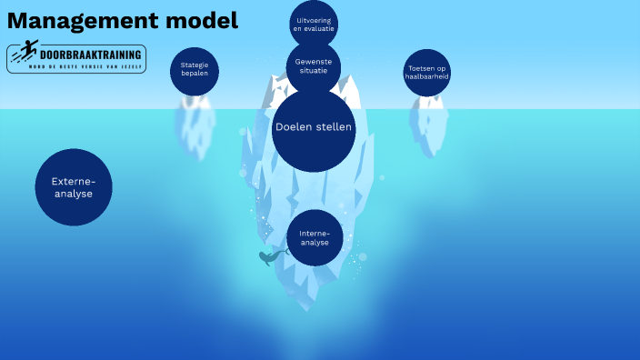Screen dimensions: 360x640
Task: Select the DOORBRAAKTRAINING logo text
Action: coord(90,54)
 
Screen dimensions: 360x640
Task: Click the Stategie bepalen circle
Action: coord(195,70)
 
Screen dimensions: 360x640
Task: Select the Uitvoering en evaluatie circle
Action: coord(314,24)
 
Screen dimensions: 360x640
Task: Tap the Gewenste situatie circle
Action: coord(314,65)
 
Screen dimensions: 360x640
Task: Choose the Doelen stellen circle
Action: coord(314,127)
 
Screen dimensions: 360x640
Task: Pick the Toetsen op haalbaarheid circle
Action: coord(426,73)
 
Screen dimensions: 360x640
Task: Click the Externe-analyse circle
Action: coord(73,187)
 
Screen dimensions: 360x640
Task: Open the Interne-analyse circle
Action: coord(315,238)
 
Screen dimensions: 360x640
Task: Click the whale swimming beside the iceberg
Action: coord(270,258)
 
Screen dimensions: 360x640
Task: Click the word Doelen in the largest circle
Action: coord(293,127)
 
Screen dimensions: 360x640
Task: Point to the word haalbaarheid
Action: coord(426,77)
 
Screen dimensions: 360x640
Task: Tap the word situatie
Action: coord(314,71)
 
